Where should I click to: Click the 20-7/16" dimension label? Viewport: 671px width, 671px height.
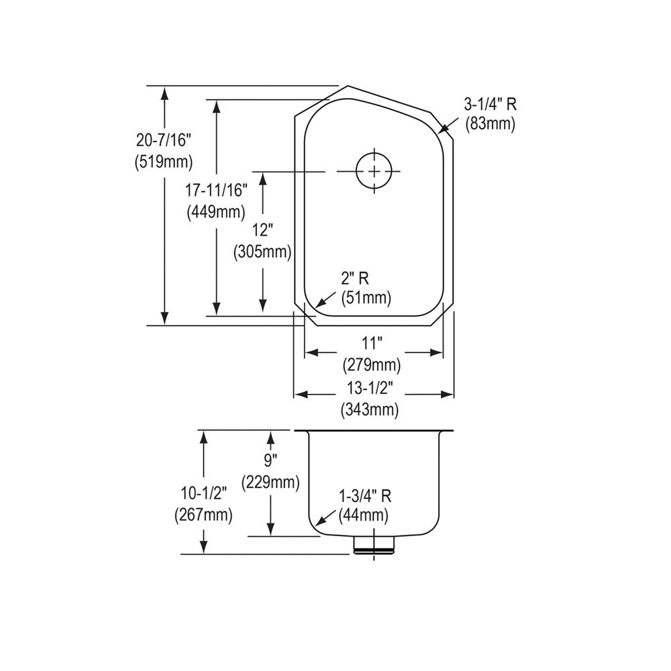(x=164, y=140)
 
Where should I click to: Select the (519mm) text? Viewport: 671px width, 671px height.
(x=164, y=162)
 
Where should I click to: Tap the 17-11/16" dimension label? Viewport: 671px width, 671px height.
(x=216, y=190)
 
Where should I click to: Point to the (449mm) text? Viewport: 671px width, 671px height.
(x=216, y=211)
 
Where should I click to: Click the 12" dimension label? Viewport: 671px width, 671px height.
(x=262, y=230)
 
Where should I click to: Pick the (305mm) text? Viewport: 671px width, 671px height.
(x=262, y=252)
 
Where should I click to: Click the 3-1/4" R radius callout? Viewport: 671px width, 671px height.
(x=490, y=104)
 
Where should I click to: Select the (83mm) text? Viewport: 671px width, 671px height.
(x=490, y=123)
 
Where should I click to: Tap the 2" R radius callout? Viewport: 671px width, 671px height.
(x=355, y=278)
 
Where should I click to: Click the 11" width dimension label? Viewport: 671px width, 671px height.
(x=371, y=343)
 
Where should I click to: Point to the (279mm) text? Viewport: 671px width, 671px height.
(x=371, y=365)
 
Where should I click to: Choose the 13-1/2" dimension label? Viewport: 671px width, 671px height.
(x=370, y=388)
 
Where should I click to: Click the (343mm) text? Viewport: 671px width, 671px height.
(x=370, y=409)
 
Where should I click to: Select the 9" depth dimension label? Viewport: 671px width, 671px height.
(x=270, y=460)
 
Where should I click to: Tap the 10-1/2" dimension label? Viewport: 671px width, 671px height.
(x=203, y=493)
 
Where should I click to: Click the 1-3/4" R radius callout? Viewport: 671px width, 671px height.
(x=365, y=496)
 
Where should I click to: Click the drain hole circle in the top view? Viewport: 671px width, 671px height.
(x=374, y=171)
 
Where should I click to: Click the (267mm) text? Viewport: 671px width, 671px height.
(x=203, y=515)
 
